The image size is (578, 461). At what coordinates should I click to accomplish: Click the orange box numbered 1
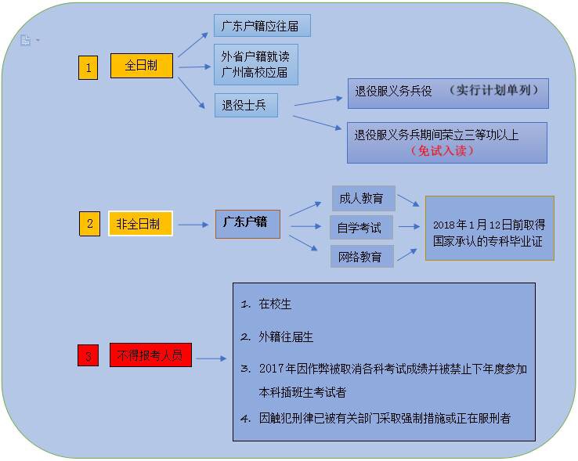click(88, 68)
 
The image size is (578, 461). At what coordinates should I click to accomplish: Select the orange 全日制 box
click(140, 66)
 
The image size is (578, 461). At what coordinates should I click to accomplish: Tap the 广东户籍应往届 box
click(262, 25)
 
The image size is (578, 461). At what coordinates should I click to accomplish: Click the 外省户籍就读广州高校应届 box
click(255, 64)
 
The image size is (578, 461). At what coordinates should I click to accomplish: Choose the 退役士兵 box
click(245, 106)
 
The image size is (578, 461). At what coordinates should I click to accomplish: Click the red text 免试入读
click(443, 150)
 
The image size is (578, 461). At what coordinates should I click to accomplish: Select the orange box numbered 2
click(89, 224)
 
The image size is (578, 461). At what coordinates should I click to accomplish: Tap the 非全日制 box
click(140, 224)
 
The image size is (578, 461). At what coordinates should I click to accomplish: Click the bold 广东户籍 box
click(247, 223)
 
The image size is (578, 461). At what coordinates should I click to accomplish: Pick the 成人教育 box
click(363, 199)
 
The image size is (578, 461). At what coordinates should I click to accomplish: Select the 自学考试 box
click(360, 228)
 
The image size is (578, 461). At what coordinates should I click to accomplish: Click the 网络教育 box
click(361, 256)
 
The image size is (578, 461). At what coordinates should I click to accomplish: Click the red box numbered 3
click(88, 356)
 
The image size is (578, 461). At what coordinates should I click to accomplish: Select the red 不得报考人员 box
click(150, 355)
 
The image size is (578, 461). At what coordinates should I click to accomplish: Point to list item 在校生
click(275, 304)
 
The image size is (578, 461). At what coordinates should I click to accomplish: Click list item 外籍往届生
click(286, 337)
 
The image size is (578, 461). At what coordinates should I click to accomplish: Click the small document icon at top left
click(25, 41)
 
